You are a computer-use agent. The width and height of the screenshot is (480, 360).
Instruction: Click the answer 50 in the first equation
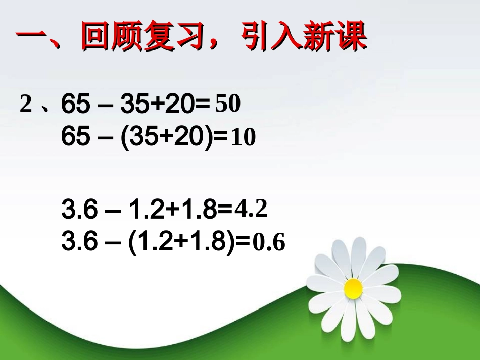click(227, 105)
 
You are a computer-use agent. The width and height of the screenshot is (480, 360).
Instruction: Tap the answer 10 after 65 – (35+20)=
click(243, 138)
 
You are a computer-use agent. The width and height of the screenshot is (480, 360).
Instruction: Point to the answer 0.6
click(269, 244)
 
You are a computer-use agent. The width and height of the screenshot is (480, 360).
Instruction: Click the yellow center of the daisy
click(353, 288)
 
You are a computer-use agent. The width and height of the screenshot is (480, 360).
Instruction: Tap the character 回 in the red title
click(98, 37)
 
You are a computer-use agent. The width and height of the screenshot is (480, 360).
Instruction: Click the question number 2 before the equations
click(26, 105)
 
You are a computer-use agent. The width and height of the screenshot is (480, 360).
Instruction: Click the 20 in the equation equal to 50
click(179, 105)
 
